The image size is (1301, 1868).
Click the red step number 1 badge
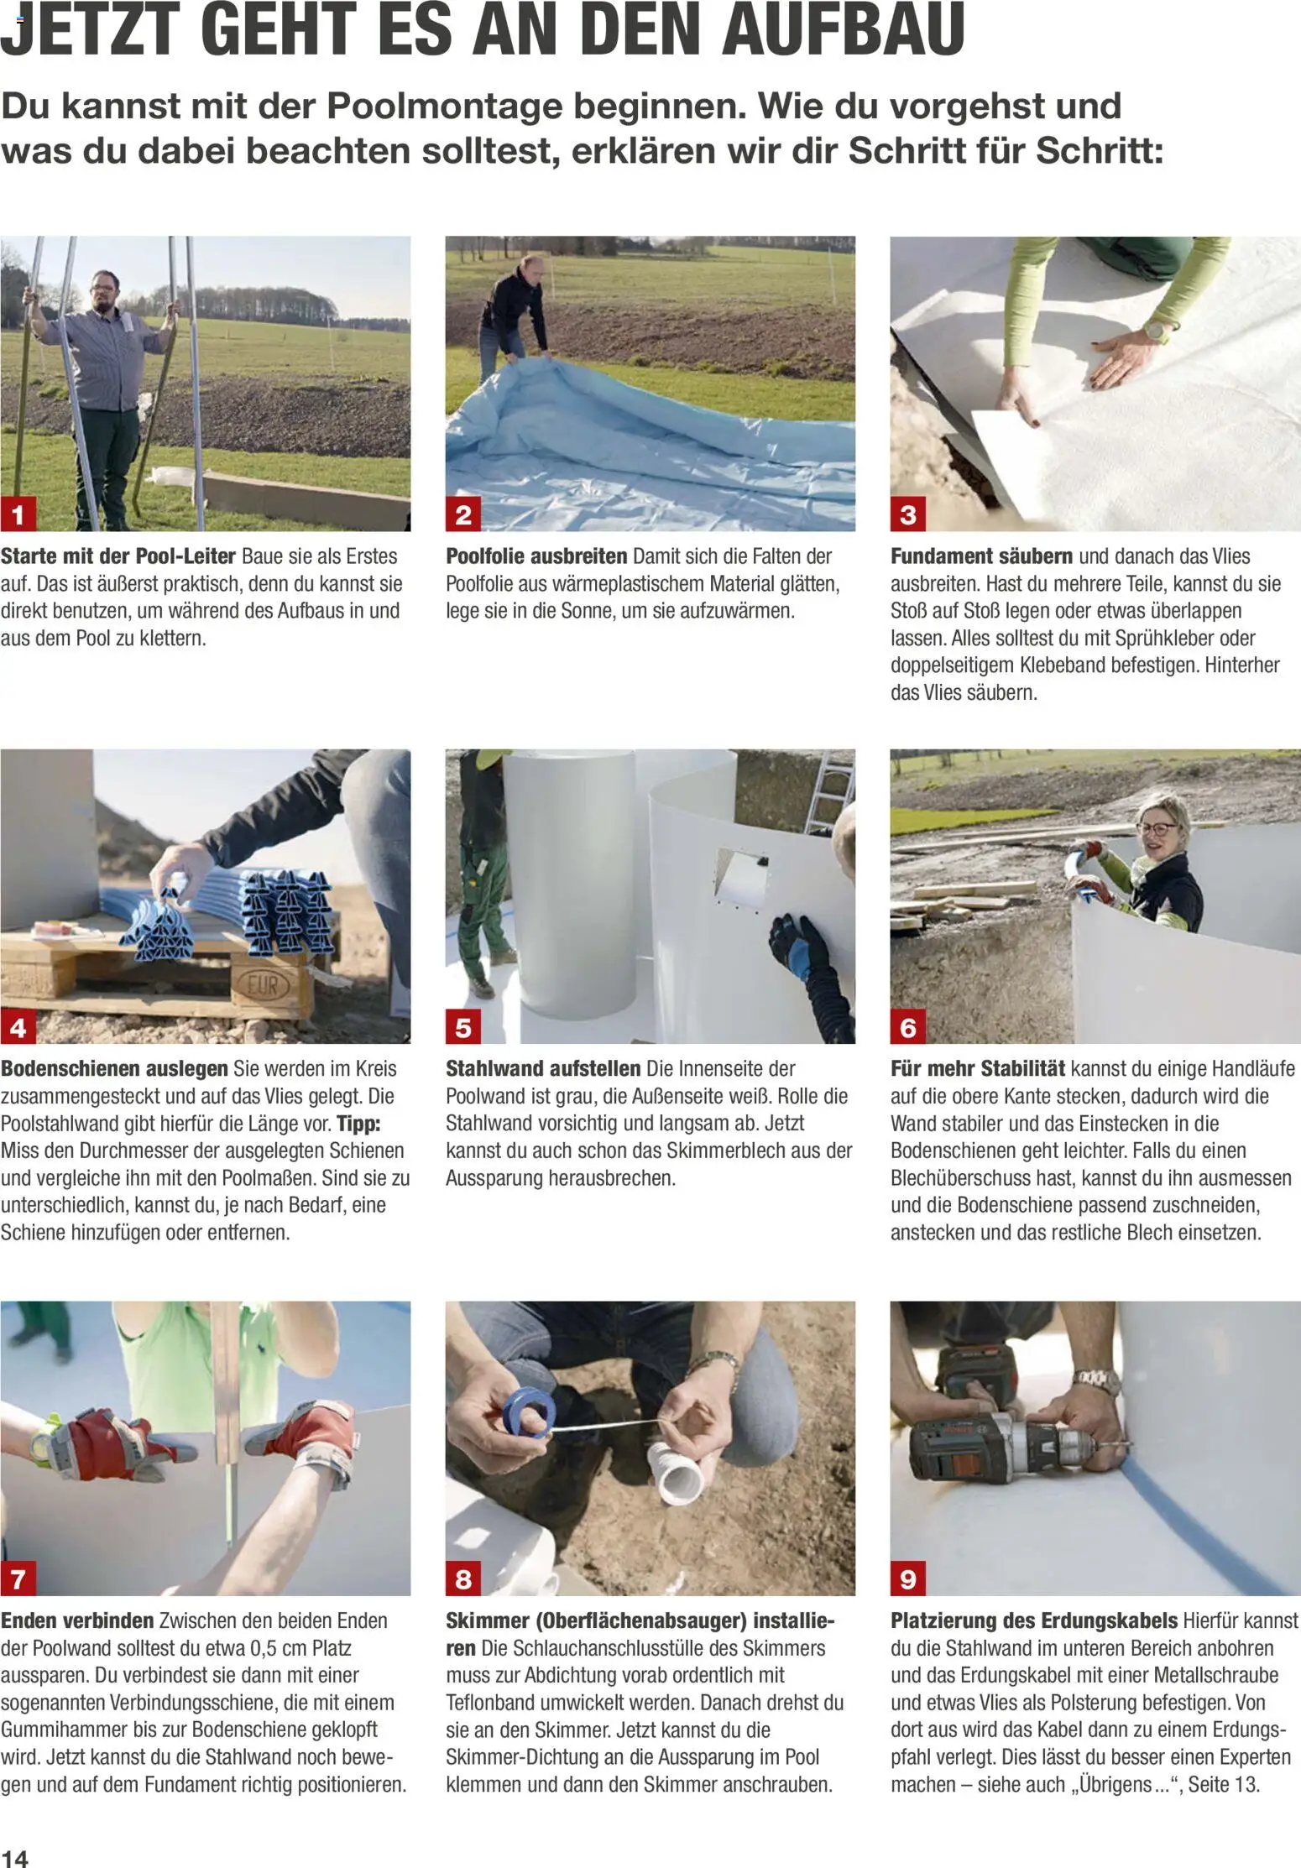[18, 514]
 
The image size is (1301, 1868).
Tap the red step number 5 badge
[463, 1027]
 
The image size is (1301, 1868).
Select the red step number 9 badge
[908, 1579]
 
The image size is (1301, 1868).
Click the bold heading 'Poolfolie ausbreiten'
[536, 556]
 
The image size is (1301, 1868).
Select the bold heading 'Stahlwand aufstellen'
[543, 1069]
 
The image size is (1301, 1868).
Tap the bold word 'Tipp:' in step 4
[359, 1124]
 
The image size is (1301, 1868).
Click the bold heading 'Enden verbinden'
[77, 1621]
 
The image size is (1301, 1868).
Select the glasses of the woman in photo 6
[1158, 828]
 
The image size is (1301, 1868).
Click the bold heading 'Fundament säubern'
[981, 556]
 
